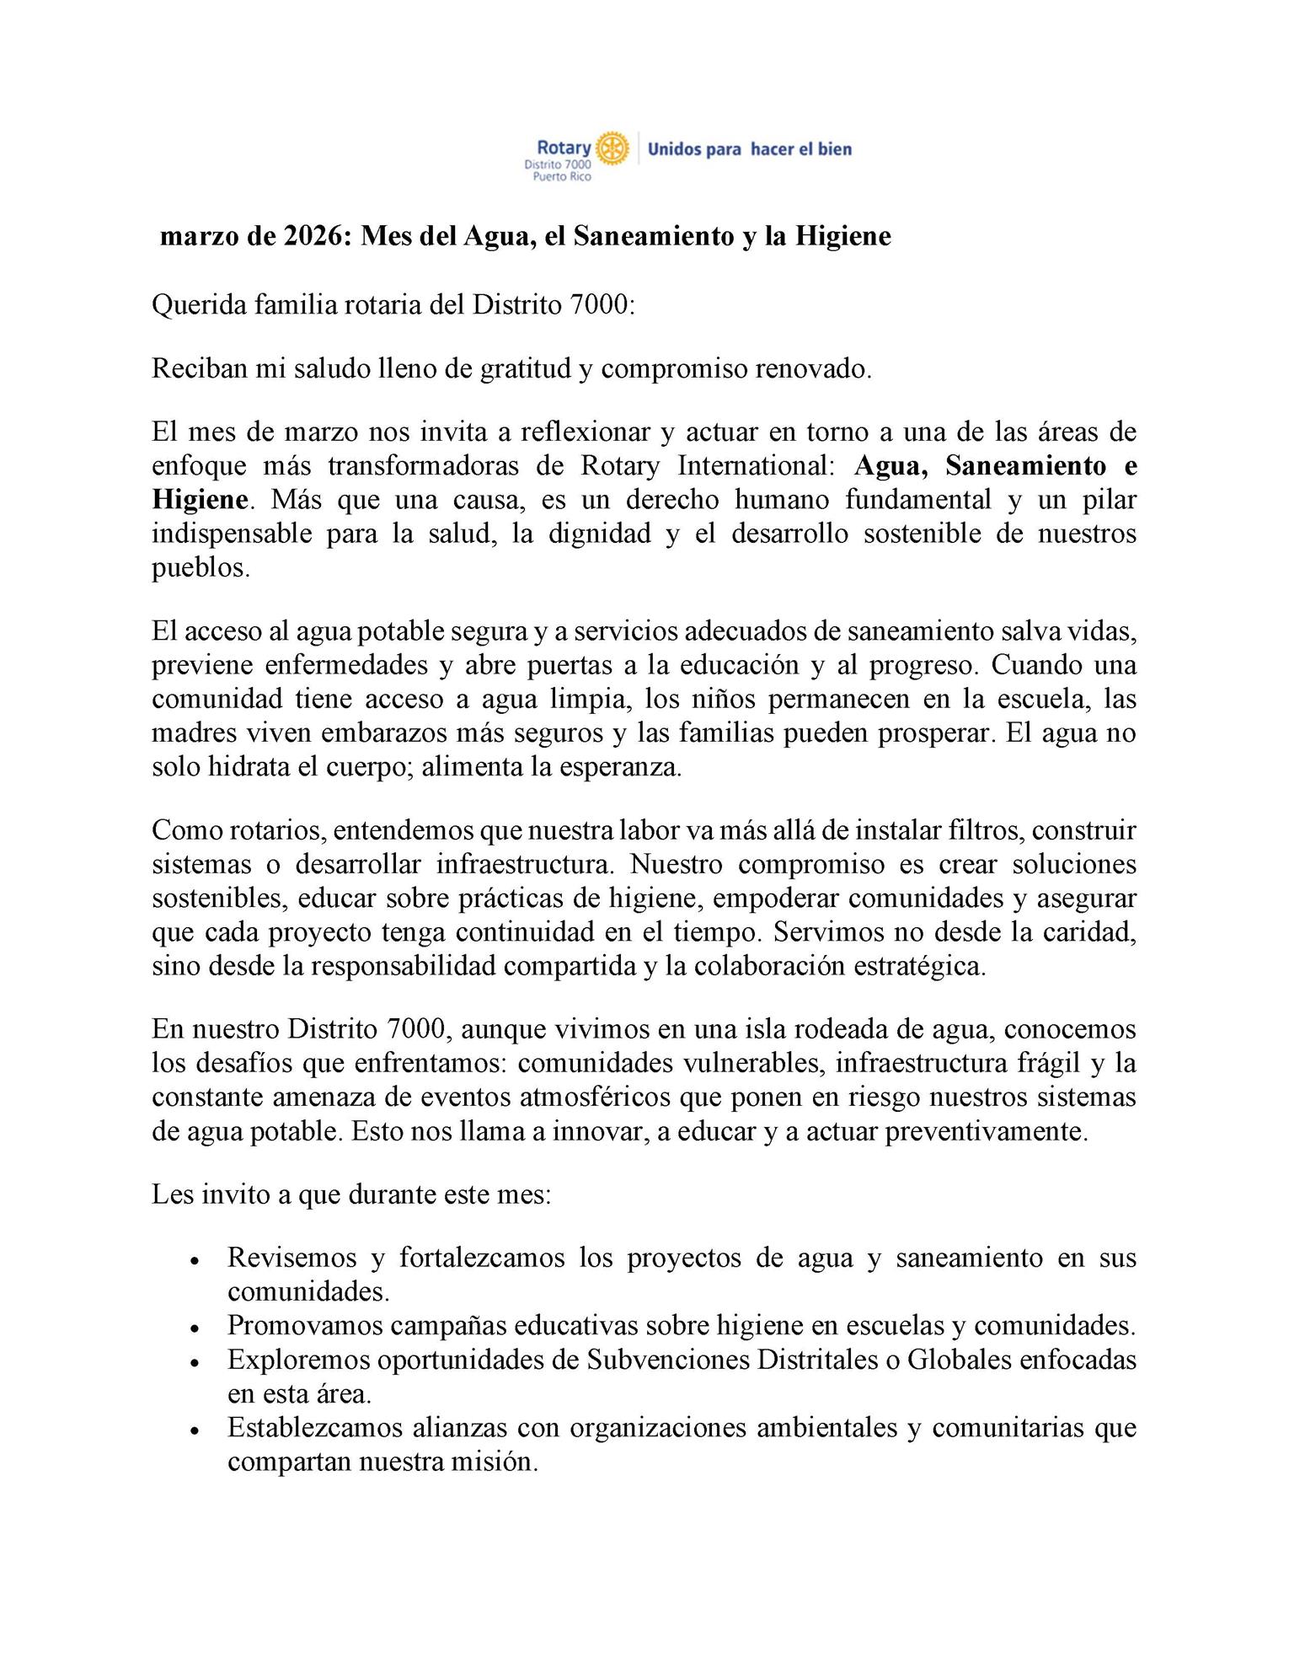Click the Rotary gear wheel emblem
coord(612,148)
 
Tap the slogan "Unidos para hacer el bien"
coord(749,149)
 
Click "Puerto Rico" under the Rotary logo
coord(557,177)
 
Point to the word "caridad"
coord(1088,932)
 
